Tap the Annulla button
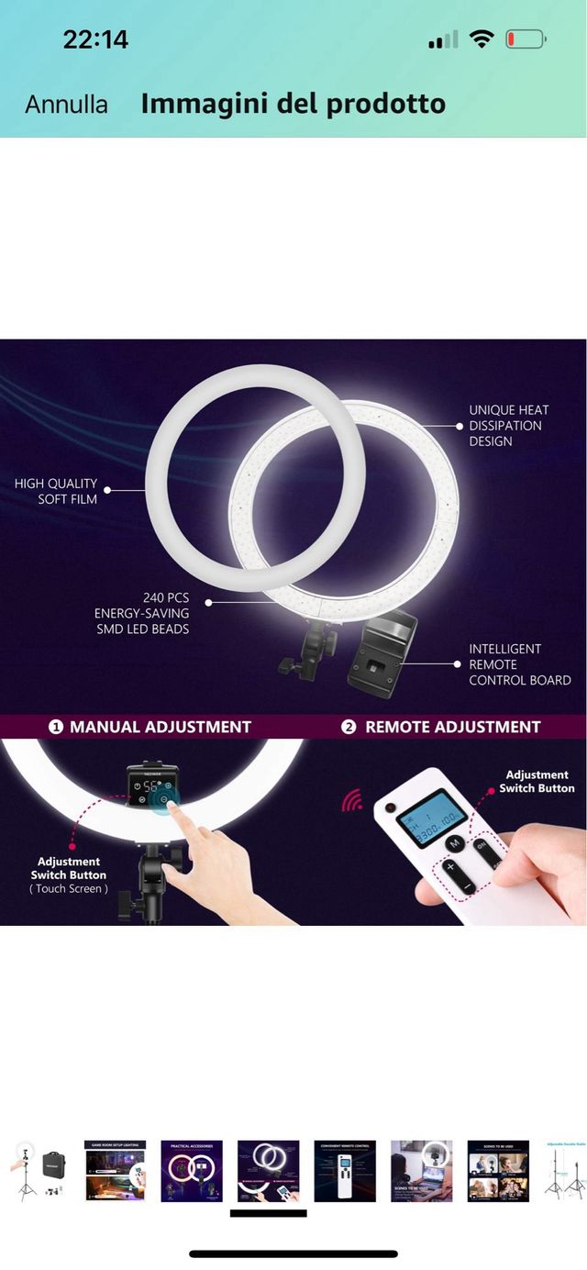pyautogui.click(x=66, y=105)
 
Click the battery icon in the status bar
pyautogui.click(x=526, y=39)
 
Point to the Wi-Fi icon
pyautogui.click(x=481, y=39)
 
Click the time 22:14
pyautogui.click(x=95, y=39)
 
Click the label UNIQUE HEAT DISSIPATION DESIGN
pyautogui.click(x=509, y=426)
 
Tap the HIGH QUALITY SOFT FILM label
pyautogui.click(x=55, y=491)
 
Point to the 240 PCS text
pyautogui.click(x=165, y=597)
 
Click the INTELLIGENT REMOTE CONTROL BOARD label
pyautogui.click(x=519, y=664)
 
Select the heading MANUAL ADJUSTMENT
pyautogui.click(x=160, y=727)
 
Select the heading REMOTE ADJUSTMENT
pyautogui.click(x=452, y=727)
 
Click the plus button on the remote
pyautogui.click(x=451, y=866)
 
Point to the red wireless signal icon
pyautogui.click(x=352, y=801)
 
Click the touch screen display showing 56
pyautogui.click(x=151, y=785)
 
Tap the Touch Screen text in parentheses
pyautogui.click(x=69, y=889)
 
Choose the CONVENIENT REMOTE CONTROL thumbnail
pyautogui.click(x=345, y=1170)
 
